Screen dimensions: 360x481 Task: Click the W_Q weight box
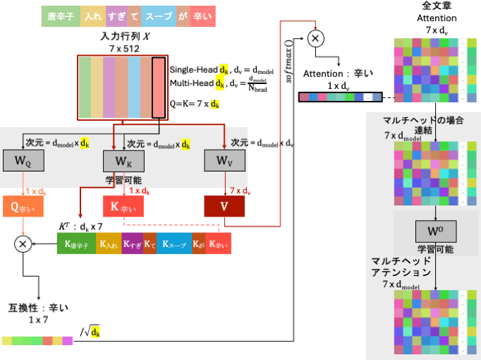point(23,160)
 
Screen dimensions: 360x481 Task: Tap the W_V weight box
point(224,160)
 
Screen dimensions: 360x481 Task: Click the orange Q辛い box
point(23,206)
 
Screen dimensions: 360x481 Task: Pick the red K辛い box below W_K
point(124,206)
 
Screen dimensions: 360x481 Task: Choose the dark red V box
point(224,206)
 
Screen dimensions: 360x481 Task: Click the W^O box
point(436,230)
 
